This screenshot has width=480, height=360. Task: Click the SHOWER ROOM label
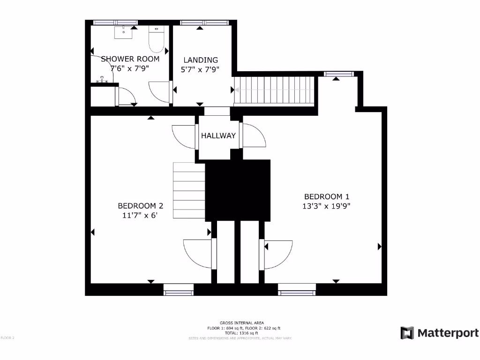(130, 59)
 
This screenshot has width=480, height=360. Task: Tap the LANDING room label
(201, 60)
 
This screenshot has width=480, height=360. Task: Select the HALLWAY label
(218, 136)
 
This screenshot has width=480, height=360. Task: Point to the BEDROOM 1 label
(327, 197)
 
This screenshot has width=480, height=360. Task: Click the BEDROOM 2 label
(140, 206)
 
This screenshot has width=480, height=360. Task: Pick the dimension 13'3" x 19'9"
(327, 206)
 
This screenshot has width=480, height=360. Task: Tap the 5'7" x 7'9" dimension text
(201, 69)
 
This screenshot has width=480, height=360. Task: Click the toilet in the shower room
(156, 40)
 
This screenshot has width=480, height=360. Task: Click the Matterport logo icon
(407, 333)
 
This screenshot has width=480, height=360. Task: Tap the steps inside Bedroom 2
(189, 190)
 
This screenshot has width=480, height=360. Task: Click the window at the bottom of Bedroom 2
(178, 290)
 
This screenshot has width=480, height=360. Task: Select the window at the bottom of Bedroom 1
(297, 290)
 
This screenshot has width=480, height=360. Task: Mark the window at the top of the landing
(204, 22)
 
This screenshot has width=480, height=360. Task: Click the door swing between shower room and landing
(159, 91)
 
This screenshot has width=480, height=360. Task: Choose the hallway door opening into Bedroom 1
(253, 136)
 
